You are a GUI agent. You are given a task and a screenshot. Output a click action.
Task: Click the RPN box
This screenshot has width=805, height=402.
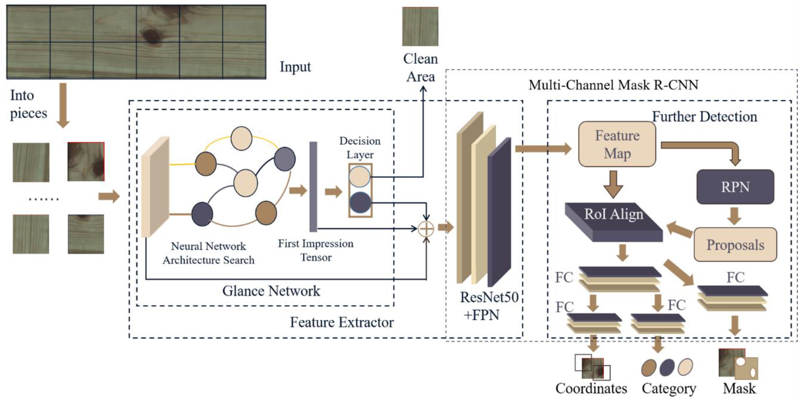735,187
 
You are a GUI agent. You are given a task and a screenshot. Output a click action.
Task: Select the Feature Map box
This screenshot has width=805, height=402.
617,144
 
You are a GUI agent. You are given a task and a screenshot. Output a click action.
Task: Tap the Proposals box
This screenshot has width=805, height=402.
735,245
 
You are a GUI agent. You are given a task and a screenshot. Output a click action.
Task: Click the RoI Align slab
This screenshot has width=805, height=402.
614,222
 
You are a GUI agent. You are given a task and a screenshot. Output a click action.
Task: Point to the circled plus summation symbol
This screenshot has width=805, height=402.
426,229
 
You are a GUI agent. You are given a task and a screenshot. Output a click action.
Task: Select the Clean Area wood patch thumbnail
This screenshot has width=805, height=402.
420,26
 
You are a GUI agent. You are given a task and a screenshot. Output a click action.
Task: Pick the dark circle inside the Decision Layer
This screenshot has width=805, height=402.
360,203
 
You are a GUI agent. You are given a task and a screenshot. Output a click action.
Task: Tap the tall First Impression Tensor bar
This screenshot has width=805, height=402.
313,187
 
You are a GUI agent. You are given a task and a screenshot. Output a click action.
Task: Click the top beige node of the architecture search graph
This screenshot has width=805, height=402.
241,138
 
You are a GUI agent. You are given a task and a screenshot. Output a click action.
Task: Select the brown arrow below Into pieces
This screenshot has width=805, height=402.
63,105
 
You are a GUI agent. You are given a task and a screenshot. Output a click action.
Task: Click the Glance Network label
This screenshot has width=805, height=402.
271,291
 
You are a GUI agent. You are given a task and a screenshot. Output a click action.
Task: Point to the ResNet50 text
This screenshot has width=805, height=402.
489,297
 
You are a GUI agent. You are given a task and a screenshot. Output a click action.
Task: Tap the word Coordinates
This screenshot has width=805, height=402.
591,389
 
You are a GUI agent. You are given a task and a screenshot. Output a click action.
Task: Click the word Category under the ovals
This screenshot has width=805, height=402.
669,389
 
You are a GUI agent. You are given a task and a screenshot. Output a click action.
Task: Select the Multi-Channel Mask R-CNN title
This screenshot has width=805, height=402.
613,85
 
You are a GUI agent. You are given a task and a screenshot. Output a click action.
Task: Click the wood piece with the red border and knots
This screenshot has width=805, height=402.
86,162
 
